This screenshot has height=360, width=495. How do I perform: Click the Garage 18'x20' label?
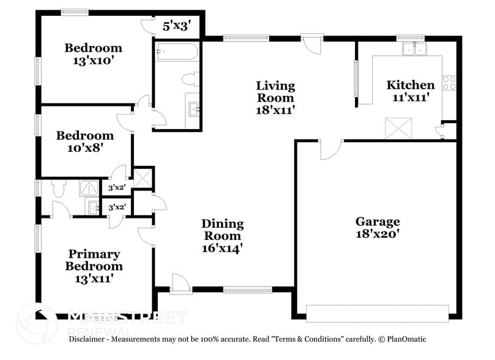[x=378, y=227]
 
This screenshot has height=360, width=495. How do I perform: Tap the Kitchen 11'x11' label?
[x=410, y=91]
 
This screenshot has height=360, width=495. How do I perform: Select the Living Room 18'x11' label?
[x=275, y=97]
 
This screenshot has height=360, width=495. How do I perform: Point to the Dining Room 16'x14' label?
[x=223, y=236]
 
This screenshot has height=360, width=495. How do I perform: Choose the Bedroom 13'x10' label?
[x=94, y=54]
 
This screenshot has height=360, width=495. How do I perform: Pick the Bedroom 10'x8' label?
[x=84, y=141]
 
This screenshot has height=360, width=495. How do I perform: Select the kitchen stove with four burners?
[x=449, y=83]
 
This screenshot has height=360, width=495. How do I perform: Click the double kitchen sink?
[x=414, y=48]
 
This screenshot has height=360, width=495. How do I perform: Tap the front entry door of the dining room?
[x=181, y=283]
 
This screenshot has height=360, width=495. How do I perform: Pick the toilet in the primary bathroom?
[x=59, y=189]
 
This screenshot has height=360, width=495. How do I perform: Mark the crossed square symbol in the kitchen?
[x=395, y=129]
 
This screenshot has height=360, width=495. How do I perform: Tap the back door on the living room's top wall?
[x=312, y=45]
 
